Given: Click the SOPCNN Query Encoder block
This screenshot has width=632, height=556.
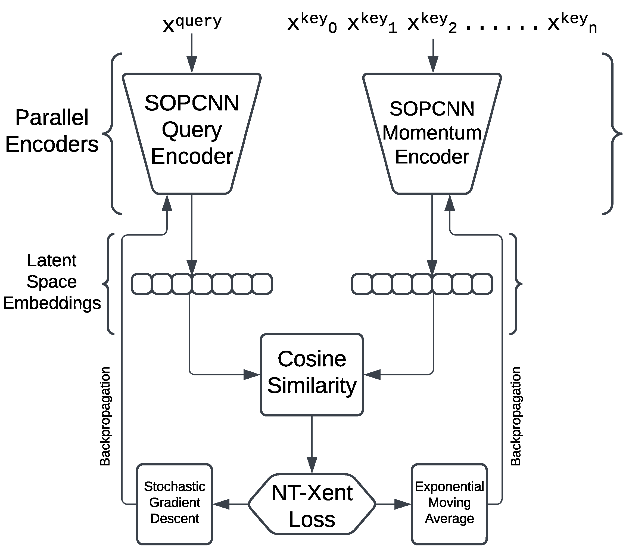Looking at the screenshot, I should pyautogui.click(x=192, y=133).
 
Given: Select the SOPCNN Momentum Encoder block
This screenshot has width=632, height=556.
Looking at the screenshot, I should pyautogui.click(x=432, y=133).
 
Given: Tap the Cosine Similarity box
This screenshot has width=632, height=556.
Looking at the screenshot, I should pyautogui.click(x=312, y=374).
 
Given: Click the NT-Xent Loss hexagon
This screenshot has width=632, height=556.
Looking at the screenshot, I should pyautogui.click(x=312, y=505).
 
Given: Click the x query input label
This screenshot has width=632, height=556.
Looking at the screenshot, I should pyautogui.click(x=192, y=23).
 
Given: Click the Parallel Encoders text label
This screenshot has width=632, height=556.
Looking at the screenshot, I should pyautogui.click(x=52, y=131).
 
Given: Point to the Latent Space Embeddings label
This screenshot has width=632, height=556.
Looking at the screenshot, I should pyautogui.click(x=52, y=282).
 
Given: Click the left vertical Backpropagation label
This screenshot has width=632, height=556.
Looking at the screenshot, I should pyautogui.click(x=105, y=416).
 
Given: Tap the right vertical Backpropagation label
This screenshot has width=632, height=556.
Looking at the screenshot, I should pyautogui.click(x=516, y=416).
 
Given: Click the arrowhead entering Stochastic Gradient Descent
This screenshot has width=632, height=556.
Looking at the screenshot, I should pyautogui.click(x=221, y=504).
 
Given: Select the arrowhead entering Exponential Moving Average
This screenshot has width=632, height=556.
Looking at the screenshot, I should pyautogui.click(x=403, y=504).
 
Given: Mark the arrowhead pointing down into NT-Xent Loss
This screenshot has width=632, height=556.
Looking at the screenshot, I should pyautogui.click(x=312, y=464).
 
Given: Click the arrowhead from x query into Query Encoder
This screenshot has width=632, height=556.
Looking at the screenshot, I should pyautogui.click(x=192, y=65).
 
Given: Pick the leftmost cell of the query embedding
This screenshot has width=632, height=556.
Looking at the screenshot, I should pyautogui.click(x=142, y=284).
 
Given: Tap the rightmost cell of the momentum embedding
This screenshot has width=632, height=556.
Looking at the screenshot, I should pyautogui.click(x=482, y=284).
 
